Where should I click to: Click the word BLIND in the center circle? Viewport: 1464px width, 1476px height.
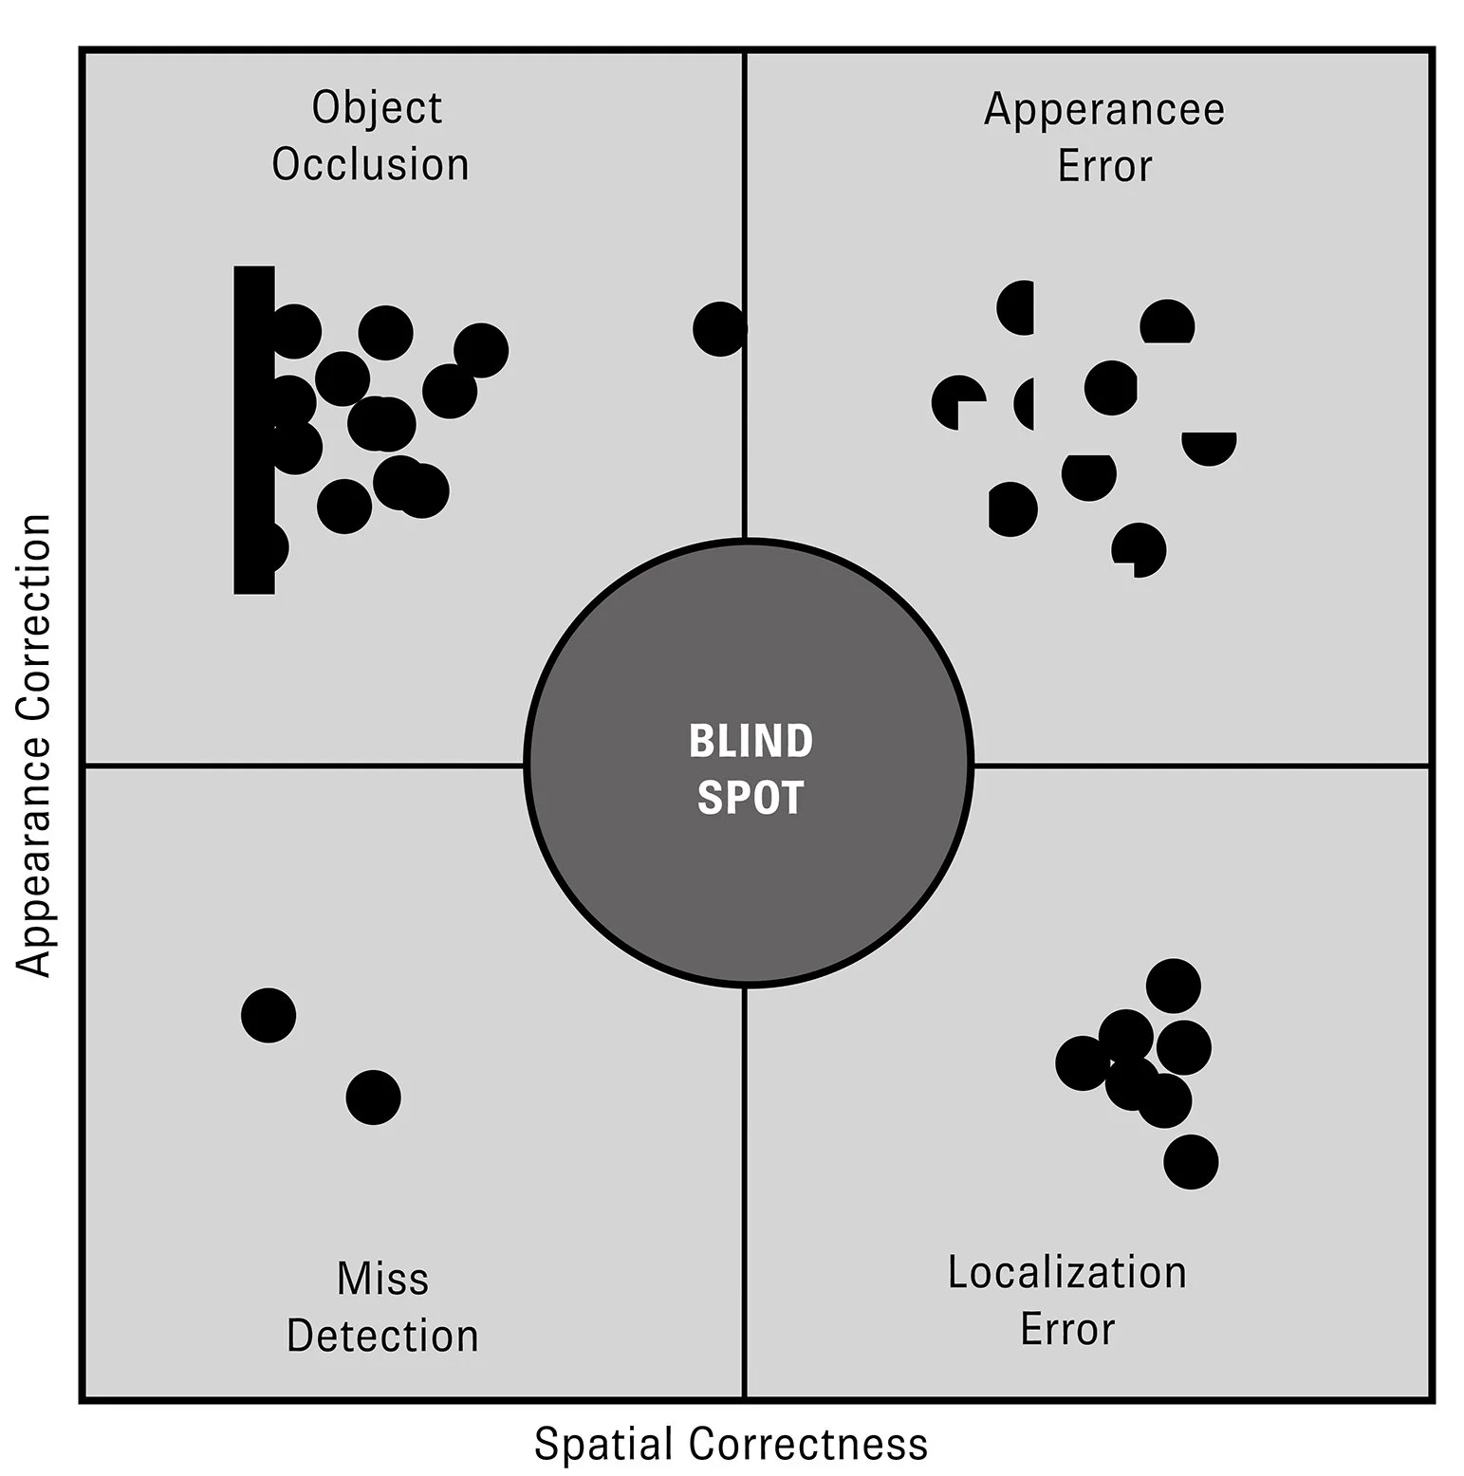click(x=751, y=741)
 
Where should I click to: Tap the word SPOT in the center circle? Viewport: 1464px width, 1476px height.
click(x=751, y=798)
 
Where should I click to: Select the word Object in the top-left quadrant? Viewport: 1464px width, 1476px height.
click(x=377, y=108)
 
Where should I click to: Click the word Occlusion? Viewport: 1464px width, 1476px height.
click(x=370, y=165)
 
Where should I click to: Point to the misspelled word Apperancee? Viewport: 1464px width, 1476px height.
click(x=1104, y=109)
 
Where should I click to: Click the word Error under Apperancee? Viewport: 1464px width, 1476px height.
click(x=1104, y=167)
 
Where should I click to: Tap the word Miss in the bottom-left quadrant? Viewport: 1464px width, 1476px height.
click(x=382, y=1279)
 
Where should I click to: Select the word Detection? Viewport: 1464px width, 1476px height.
click(x=382, y=1337)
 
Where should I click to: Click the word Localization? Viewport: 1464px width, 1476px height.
click(x=1067, y=1273)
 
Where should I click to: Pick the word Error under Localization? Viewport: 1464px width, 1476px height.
click(x=1067, y=1330)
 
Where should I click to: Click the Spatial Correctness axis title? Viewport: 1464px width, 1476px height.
click(x=731, y=1444)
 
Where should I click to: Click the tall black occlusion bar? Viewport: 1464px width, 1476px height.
click(x=253, y=429)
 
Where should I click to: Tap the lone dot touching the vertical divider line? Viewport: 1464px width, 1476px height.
click(x=719, y=329)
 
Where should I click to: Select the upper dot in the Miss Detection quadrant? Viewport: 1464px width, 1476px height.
click(x=269, y=1015)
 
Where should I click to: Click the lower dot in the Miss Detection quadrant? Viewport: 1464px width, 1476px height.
click(x=373, y=1098)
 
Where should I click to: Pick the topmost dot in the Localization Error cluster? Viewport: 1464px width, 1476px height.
click(x=1174, y=986)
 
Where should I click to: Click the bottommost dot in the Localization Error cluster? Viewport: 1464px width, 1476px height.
click(x=1191, y=1162)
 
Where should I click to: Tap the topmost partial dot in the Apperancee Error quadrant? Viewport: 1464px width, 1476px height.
click(x=1017, y=307)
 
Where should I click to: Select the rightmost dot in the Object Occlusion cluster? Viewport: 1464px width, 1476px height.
click(x=481, y=350)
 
